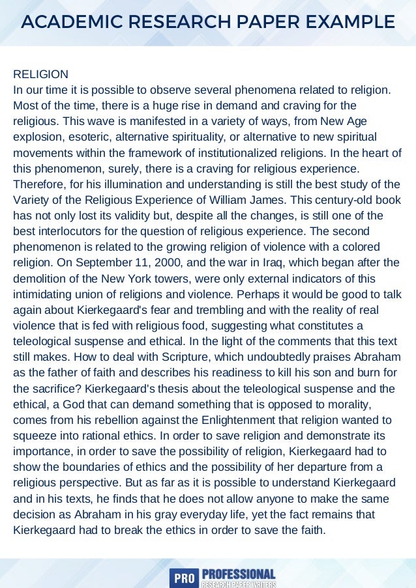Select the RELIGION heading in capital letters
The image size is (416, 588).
pos(40,74)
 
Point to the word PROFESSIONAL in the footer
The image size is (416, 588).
pos(238,573)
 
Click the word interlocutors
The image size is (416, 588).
pos(70,231)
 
